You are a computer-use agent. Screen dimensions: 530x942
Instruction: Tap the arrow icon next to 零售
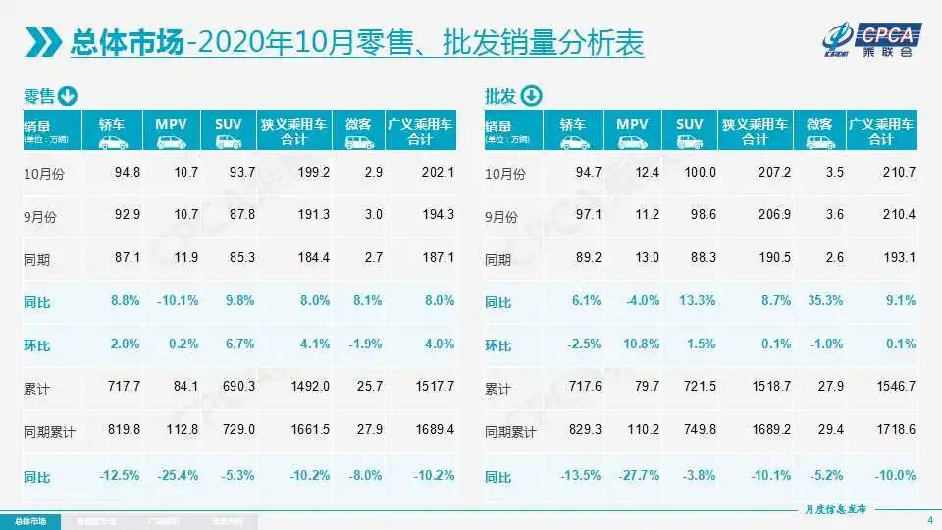67,96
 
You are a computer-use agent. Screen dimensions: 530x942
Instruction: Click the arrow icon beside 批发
530,96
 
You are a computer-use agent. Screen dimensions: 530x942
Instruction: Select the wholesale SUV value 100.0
700,173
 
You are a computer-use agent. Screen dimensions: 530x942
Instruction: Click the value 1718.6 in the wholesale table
897,432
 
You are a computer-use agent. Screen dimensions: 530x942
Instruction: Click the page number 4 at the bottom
929,519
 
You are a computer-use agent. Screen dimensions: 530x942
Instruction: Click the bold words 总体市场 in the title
127,42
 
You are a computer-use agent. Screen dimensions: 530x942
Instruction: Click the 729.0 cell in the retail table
238,432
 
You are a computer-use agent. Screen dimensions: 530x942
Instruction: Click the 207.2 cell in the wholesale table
771,173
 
